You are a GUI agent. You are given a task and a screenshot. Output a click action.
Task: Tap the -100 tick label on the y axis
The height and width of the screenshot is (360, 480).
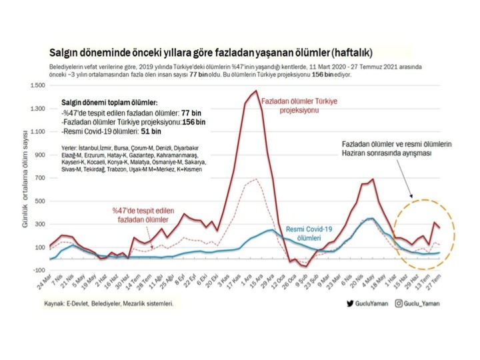tap(37, 270)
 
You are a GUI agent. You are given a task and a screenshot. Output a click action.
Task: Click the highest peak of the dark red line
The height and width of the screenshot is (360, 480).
tap(257, 91)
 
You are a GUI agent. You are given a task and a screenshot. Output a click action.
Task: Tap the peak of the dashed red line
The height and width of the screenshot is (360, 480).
tap(257, 179)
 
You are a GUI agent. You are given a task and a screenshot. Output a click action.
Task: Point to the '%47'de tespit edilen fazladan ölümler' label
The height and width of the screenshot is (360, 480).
tap(143, 214)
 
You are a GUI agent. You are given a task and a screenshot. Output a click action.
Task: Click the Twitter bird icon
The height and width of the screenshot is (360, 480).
tap(350, 303)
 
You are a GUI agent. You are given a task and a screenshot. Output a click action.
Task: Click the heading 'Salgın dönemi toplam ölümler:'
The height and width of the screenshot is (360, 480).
tap(109, 103)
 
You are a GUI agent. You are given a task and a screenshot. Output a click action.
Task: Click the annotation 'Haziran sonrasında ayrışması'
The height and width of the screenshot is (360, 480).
tap(386, 153)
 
